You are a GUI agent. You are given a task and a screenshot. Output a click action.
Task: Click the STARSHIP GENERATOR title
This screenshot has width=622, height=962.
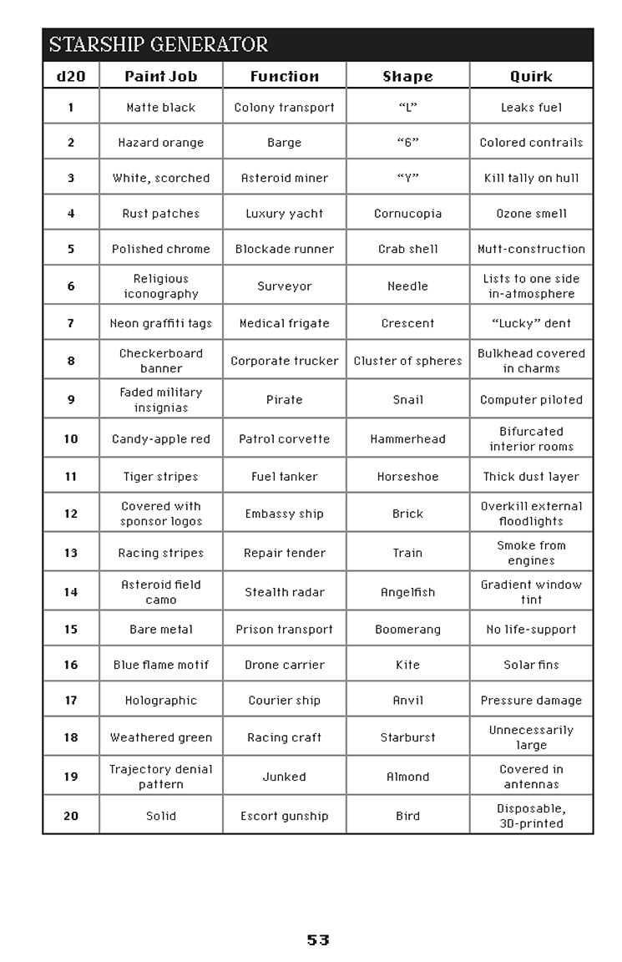159,44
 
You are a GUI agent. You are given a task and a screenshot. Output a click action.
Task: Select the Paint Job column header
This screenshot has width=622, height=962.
161,76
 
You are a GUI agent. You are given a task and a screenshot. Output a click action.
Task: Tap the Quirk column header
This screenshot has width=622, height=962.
531,76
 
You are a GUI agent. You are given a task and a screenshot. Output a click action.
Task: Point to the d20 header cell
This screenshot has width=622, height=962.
71,76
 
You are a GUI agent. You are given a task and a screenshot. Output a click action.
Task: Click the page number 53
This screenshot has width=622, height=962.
318,939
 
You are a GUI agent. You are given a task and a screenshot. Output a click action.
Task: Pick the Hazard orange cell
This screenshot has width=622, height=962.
161,143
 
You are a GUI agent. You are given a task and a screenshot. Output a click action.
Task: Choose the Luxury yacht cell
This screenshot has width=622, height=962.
285,213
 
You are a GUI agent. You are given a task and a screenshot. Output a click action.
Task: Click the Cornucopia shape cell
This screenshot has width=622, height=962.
408,213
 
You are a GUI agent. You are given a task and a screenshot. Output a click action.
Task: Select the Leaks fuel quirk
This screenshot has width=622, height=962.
531,108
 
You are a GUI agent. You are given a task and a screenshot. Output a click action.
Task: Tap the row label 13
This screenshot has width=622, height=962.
71,553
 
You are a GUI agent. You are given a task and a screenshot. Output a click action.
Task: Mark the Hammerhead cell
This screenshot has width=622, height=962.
408,438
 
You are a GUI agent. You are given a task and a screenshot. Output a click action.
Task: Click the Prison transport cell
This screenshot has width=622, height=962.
285,630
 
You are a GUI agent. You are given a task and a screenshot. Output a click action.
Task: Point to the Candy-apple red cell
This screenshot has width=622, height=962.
161,438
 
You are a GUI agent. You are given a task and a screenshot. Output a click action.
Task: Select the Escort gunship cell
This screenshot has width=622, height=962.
285,816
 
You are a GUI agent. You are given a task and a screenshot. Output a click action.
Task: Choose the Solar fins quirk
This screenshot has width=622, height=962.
531,665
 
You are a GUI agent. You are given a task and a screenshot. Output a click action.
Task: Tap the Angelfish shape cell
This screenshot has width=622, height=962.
408,592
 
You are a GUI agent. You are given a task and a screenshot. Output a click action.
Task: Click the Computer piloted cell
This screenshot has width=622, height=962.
531,400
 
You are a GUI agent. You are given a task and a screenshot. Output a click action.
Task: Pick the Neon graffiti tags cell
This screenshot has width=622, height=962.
161,323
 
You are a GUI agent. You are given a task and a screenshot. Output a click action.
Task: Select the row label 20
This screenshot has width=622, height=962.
71,816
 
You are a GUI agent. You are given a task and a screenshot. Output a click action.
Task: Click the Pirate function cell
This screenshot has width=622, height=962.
285,400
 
